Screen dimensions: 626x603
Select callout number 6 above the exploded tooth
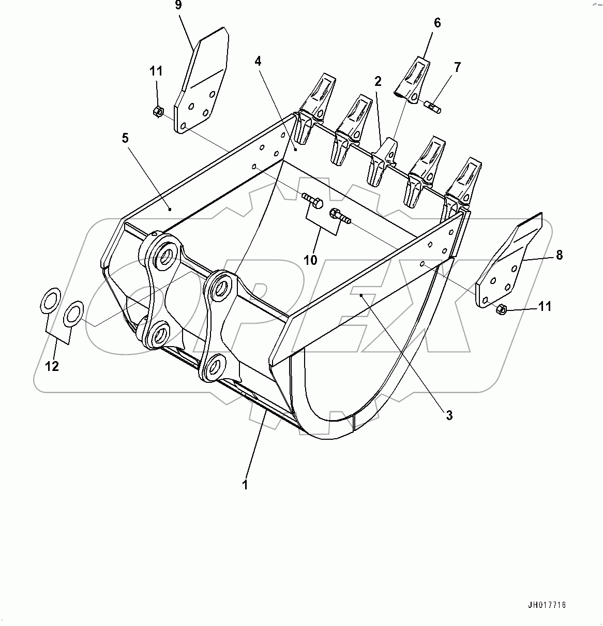tap(437, 23)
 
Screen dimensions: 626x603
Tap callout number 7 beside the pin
tap(457, 67)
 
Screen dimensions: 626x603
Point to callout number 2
tap(378, 81)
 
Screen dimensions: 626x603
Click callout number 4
tap(258, 61)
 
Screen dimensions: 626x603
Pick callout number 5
tap(125, 138)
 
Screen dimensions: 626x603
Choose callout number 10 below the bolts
tap(310, 260)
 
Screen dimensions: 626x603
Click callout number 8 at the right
tap(559, 255)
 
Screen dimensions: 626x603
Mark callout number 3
tap(449, 414)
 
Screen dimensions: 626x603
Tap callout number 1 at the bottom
tap(245, 485)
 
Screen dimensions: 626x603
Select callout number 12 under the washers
tap(52, 366)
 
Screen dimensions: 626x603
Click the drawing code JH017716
tap(547, 605)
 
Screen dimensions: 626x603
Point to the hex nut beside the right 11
tap(501, 309)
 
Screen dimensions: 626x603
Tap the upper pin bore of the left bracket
tap(162, 255)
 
